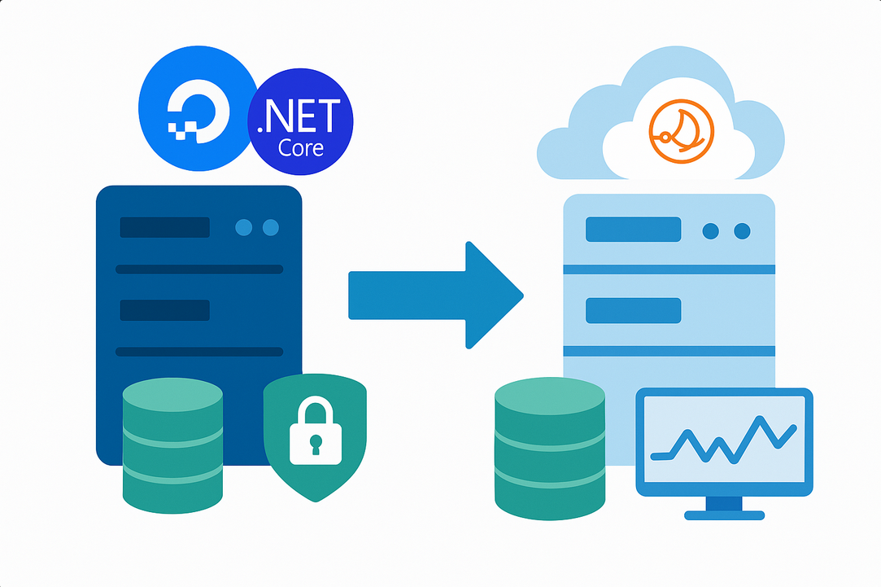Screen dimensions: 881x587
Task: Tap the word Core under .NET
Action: [301, 147]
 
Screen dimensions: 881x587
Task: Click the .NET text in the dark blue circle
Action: [299, 116]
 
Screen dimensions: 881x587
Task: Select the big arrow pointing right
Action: [436, 296]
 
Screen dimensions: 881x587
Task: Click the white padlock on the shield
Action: [315, 431]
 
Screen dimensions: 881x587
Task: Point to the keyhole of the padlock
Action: [316, 445]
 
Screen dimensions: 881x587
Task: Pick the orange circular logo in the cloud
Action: [682, 132]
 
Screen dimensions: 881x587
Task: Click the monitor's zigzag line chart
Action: [724, 440]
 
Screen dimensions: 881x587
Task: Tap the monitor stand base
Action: [724, 515]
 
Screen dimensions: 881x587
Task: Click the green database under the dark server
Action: [172, 445]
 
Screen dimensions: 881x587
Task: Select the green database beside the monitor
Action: [549, 449]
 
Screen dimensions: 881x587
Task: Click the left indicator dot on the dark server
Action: [243, 227]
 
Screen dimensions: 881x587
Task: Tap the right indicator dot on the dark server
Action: [271, 227]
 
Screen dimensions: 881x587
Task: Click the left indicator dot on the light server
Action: [711, 231]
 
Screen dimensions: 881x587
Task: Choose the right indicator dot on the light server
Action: [742, 231]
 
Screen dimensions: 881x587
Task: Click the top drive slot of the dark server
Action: [164, 227]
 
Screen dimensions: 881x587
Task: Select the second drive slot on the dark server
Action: [164, 310]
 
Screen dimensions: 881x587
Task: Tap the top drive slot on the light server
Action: [633, 230]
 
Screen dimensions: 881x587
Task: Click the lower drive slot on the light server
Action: [633, 311]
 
